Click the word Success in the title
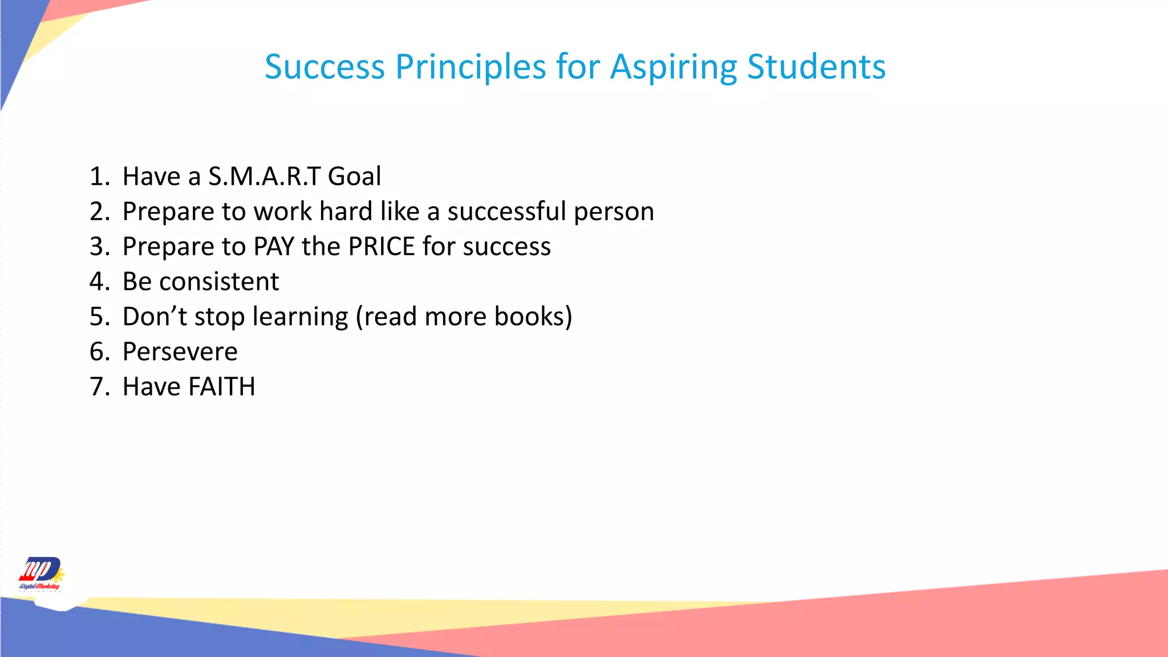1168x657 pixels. click(x=325, y=67)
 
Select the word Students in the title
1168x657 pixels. click(x=816, y=67)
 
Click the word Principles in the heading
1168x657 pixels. click(x=471, y=67)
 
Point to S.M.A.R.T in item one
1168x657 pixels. click(x=264, y=176)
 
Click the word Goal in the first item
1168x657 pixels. click(x=354, y=176)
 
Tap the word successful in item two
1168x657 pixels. click(x=506, y=212)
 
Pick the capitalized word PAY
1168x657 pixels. click(x=274, y=246)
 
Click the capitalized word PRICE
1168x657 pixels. click(x=382, y=246)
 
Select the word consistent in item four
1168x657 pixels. click(x=219, y=282)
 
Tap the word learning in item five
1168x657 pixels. click(x=300, y=317)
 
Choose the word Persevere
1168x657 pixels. click(x=180, y=352)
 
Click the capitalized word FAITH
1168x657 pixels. click(x=222, y=387)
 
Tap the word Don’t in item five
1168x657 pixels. click(x=155, y=317)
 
